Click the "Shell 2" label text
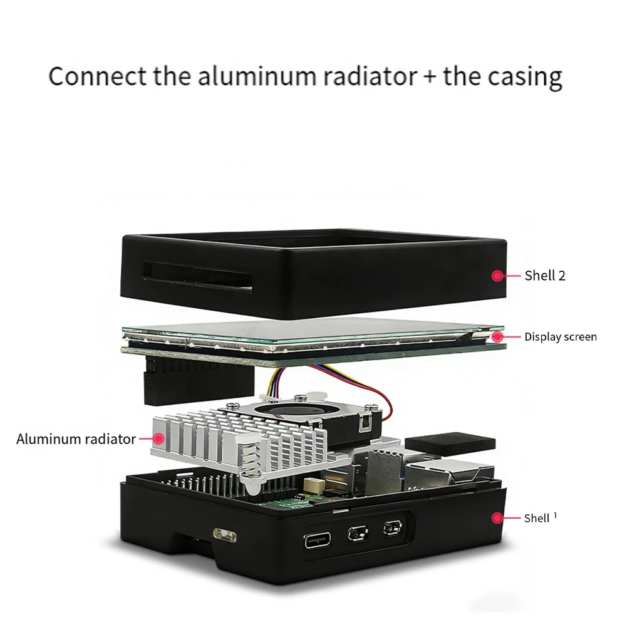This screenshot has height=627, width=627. [x=544, y=276]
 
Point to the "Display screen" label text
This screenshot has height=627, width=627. [x=561, y=337]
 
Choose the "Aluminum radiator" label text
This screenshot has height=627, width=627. [x=76, y=439]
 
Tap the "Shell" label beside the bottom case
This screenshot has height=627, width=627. [x=537, y=518]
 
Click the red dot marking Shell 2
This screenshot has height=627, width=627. [x=497, y=276]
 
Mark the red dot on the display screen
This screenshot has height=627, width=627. [x=497, y=337]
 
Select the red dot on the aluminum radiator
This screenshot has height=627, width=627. [x=158, y=438]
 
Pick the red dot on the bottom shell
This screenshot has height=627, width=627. [x=497, y=518]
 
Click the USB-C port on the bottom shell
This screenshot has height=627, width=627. [x=317, y=540]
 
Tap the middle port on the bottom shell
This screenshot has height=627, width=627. [x=358, y=534]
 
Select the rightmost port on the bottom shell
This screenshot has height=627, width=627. [x=393, y=528]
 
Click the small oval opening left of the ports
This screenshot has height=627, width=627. [x=225, y=535]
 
